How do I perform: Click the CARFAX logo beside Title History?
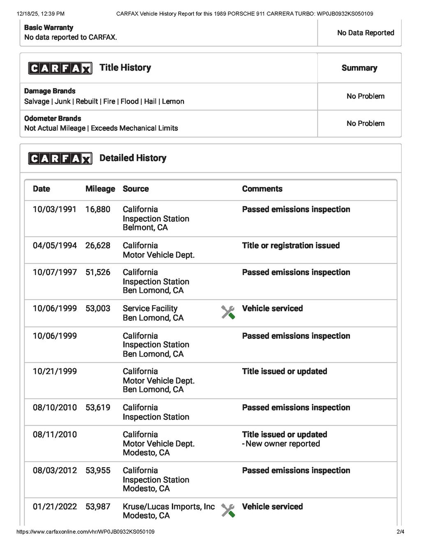click(x=60, y=68)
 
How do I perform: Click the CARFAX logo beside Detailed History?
click(x=60, y=158)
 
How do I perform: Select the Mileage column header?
click(x=100, y=189)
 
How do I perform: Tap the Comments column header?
click(x=262, y=189)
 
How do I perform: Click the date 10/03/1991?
click(x=54, y=209)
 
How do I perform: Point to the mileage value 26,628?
click(x=98, y=246)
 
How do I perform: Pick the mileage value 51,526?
click(x=98, y=272)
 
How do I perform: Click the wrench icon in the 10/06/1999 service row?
click(x=228, y=312)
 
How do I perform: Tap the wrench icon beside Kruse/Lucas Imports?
click(x=228, y=510)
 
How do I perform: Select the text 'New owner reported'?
click(x=282, y=444)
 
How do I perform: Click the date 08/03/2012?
click(x=55, y=471)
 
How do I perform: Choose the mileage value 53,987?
click(x=98, y=507)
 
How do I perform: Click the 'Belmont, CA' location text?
click(x=145, y=227)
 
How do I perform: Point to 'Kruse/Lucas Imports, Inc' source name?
click(x=169, y=507)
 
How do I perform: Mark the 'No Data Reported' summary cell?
click(x=365, y=33)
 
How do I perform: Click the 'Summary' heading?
click(x=359, y=68)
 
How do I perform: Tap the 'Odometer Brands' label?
click(x=53, y=118)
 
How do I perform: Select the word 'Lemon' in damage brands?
click(x=173, y=102)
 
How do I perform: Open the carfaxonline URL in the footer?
click(x=86, y=532)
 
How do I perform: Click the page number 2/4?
click(x=400, y=532)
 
